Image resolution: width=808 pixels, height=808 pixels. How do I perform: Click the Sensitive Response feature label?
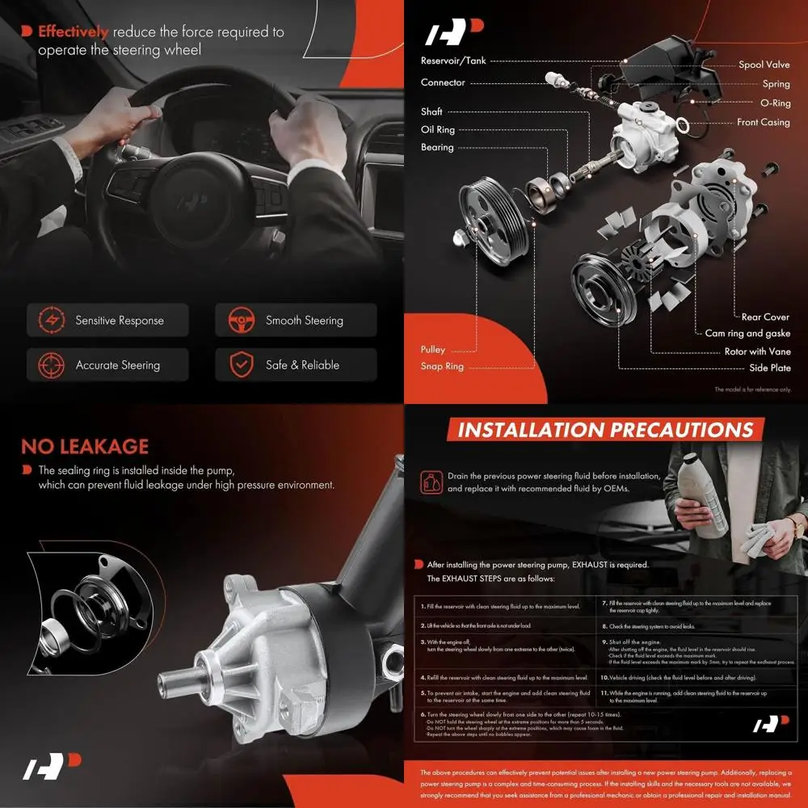120,321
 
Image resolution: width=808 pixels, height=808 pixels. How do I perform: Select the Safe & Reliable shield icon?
240,364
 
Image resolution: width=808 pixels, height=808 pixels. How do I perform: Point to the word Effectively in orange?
73,32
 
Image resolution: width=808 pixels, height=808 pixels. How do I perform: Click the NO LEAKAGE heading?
85,447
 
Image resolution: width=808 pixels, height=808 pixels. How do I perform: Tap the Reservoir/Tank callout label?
452,61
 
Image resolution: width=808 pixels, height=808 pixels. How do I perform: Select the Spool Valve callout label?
764,65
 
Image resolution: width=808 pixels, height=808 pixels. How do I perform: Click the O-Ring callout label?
776,103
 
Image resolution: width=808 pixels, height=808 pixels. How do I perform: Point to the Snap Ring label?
442,367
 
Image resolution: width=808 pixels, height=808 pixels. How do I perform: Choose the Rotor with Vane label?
758,351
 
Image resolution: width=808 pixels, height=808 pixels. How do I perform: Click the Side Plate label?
769,368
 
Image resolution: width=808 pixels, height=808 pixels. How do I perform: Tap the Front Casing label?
763,123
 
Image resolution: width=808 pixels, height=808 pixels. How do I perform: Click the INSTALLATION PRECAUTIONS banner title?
605,430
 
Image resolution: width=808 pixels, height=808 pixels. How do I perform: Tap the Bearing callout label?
437,148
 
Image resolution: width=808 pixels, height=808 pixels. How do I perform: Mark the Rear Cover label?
765,318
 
